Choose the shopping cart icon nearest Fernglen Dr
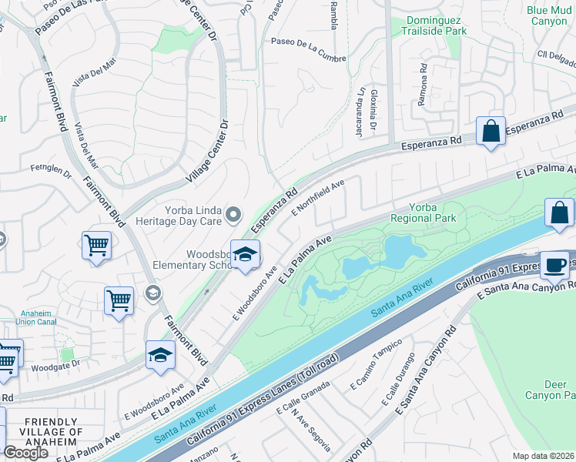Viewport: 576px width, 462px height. [97, 246]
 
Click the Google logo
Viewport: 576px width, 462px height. [25, 453]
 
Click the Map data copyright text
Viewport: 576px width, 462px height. [543, 456]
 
